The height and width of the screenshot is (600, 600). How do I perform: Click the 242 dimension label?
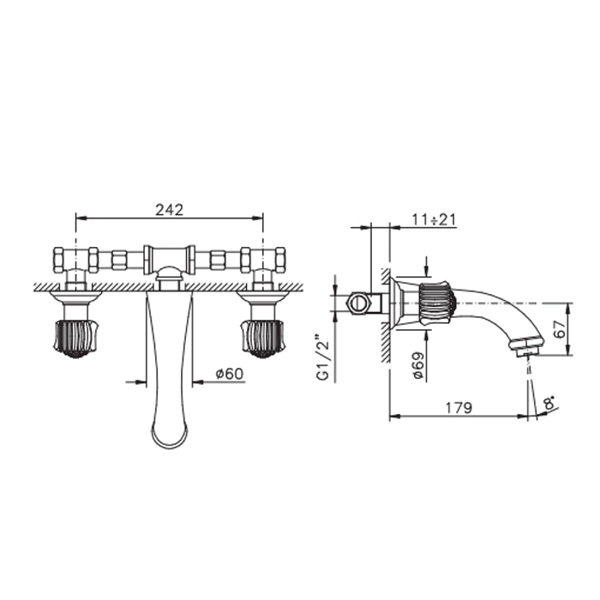pyautogui.click(x=169, y=210)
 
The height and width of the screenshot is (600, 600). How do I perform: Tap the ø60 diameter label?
pyautogui.click(x=229, y=374)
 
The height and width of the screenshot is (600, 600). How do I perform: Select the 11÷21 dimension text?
pyautogui.click(x=434, y=219)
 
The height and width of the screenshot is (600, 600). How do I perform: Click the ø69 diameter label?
pyautogui.click(x=418, y=365)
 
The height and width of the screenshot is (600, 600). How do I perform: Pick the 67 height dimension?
pyautogui.click(x=560, y=328)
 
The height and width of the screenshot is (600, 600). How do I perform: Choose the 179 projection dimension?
pyautogui.click(x=459, y=408)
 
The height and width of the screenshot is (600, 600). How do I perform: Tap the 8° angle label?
pyautogui.click(x=550, y=404)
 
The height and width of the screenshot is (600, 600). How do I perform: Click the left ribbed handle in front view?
pyautogui.click(x=75, y=339)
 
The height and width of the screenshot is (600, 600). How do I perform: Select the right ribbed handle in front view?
pyautogui.click(x=262, y=339)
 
